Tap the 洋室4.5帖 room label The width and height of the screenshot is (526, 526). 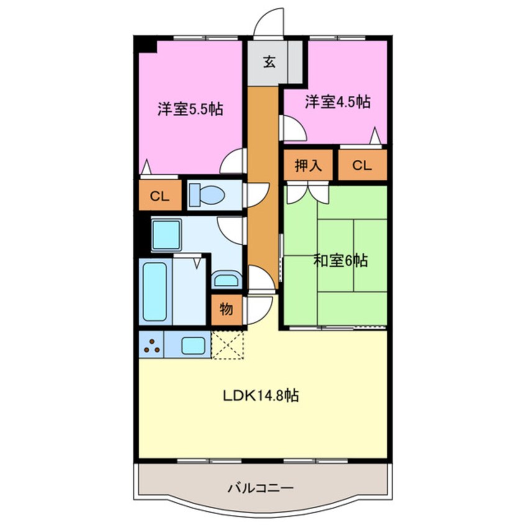[338, 102]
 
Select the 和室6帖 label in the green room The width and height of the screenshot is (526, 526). [340, 261]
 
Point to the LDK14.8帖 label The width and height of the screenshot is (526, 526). [261, 395]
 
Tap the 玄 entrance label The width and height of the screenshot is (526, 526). [269, 62]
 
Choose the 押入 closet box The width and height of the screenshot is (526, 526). [309, 166]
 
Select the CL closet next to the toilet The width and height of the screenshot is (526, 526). [160, 195]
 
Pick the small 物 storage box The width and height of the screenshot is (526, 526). [226, 309]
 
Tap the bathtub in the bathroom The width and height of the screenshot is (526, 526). [155, 290]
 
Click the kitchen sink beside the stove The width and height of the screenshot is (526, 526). [195, 344]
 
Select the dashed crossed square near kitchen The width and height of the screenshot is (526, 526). [228, 344]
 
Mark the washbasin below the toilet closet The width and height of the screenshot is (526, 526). [166, 235]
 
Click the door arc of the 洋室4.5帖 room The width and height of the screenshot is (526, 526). [293, 129]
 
